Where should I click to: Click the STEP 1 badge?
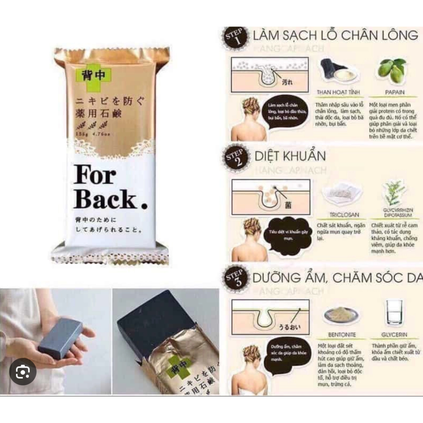coord(235,38)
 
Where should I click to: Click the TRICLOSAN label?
coord(341,215)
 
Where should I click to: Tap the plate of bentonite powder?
coord(341,315)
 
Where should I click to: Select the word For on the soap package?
coord(94,176)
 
